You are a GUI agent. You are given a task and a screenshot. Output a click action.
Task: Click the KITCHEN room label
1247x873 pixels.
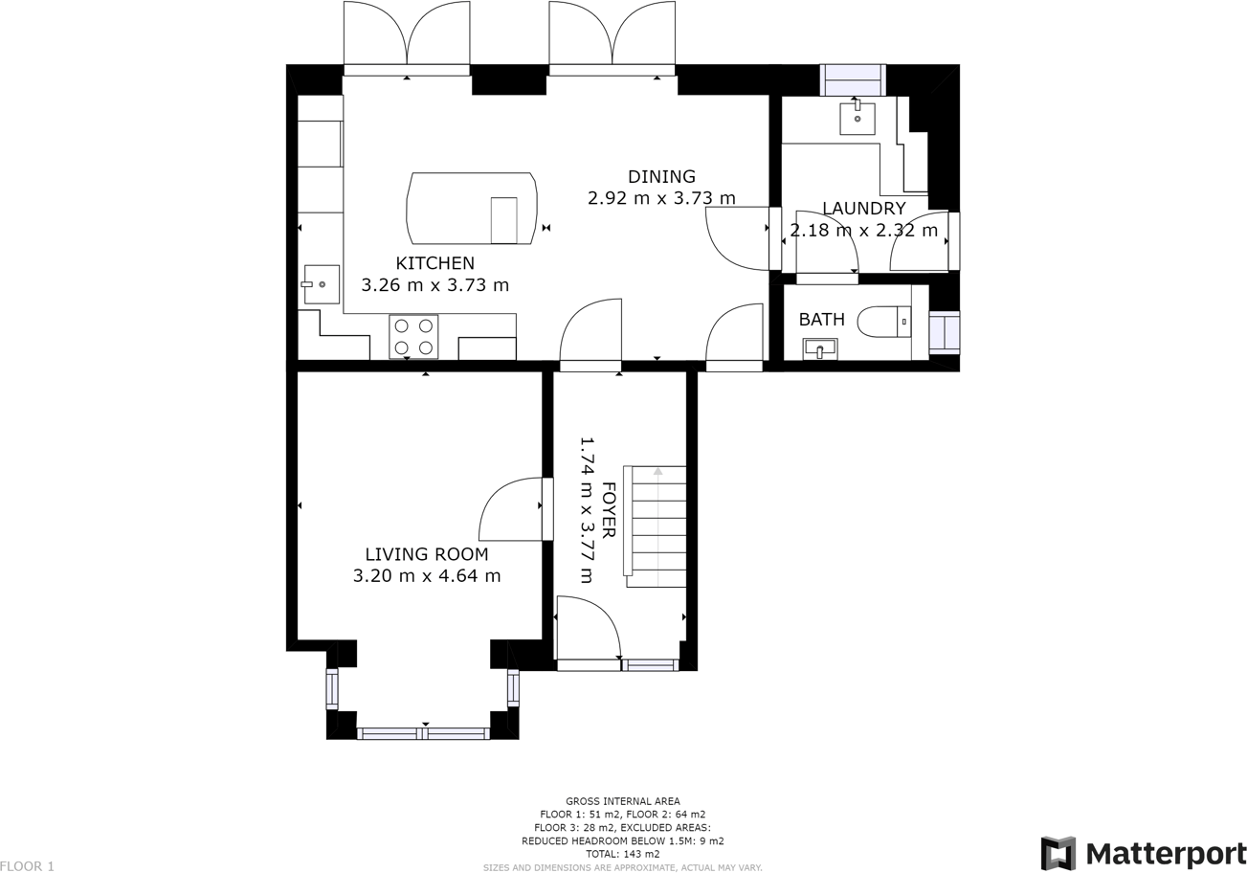click(434, 263)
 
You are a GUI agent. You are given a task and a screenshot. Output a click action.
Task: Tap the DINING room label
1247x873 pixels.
click(661, 177)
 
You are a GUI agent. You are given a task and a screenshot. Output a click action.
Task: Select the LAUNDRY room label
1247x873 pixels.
click(863, 209)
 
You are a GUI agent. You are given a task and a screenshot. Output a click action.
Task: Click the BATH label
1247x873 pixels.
click(821, 320)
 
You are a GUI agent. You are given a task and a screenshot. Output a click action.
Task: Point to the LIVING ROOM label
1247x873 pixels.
click(426, 554)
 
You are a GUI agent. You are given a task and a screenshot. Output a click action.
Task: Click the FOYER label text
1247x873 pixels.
click(608, 509)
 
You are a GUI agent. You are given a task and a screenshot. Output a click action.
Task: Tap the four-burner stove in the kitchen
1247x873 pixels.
click(413, 337)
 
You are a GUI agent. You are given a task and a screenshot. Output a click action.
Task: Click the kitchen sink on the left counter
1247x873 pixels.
click(322, 284)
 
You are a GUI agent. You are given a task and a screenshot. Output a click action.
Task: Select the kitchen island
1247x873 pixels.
click(471, 209)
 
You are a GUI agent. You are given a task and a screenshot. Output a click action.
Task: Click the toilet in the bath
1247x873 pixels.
click(882, 322)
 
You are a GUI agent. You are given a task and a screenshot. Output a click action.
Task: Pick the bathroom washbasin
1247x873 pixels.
click(819, 349)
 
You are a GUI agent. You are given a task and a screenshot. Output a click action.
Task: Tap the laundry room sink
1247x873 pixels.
click(857, 119)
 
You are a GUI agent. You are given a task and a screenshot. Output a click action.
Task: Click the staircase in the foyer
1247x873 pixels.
click(657, 526)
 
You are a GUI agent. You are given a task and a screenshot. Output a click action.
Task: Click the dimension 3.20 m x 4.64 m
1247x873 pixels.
click(426, 576)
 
